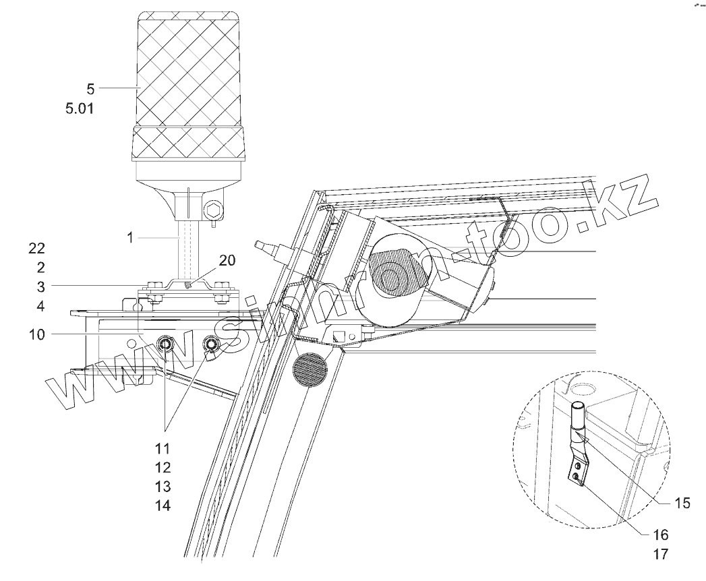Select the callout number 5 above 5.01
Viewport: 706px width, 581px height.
pos(91,88)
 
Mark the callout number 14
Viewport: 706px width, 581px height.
pos(162,506)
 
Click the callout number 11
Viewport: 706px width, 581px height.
pos(162,448)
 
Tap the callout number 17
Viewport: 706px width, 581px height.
pos(659,554)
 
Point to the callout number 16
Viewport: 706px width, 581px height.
pos(659,535)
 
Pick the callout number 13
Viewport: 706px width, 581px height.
pos(162,487)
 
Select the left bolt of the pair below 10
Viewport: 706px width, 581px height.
pos(166,346)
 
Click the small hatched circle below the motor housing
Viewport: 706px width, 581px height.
pos(310,370)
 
